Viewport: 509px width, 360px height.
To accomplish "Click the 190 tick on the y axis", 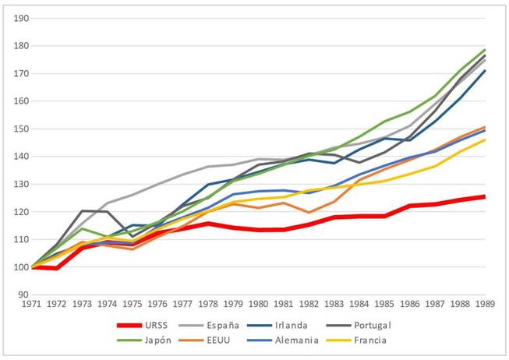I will (23, 18).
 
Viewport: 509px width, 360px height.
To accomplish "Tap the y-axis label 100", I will (23, 267).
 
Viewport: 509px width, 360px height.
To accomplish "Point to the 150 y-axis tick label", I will (23, 129).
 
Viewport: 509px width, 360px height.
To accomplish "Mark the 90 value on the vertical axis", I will (25, 295).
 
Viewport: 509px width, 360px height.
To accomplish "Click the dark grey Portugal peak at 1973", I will (82, 210).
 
